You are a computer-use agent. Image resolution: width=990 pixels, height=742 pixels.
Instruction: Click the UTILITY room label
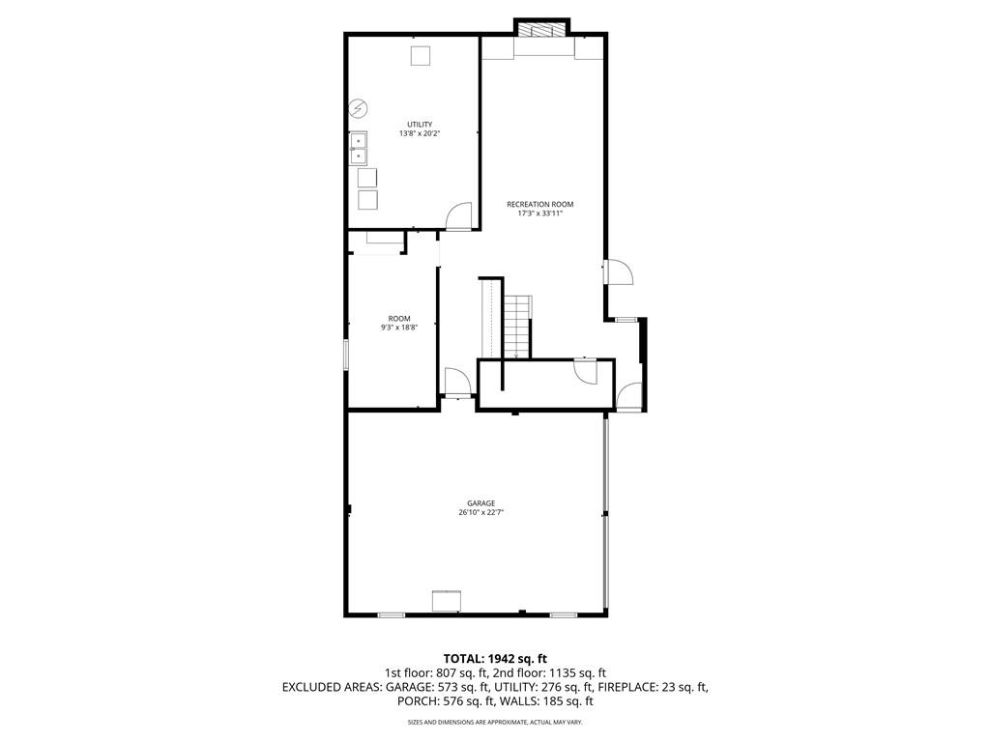tap(420, 125)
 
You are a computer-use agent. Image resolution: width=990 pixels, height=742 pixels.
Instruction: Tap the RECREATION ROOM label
tap(540, 204)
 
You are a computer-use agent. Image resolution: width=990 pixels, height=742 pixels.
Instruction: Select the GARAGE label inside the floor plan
tap(480, 503)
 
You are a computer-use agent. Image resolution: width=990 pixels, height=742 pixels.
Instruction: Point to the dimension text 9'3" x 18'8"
tap(399, 328)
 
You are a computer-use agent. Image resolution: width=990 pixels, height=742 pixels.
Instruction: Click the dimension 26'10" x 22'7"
tap(480, 513)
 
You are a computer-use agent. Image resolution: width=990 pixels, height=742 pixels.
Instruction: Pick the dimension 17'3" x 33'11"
tap(540, 214)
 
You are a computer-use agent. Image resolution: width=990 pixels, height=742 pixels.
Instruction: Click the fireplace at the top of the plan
tap(542, 29)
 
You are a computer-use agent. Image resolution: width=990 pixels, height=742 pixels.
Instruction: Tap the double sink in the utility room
tap(359, 148)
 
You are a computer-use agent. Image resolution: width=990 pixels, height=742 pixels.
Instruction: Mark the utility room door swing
tap(459, 216)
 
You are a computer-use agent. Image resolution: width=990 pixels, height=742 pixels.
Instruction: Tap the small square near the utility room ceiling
tap(420, 57)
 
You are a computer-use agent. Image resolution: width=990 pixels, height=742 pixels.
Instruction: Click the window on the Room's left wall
tap(347, 354)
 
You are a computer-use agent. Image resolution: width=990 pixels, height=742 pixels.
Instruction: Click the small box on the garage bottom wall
tap(446, 602)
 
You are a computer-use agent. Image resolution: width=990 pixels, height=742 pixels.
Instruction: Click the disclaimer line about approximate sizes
tap(495, 723)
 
